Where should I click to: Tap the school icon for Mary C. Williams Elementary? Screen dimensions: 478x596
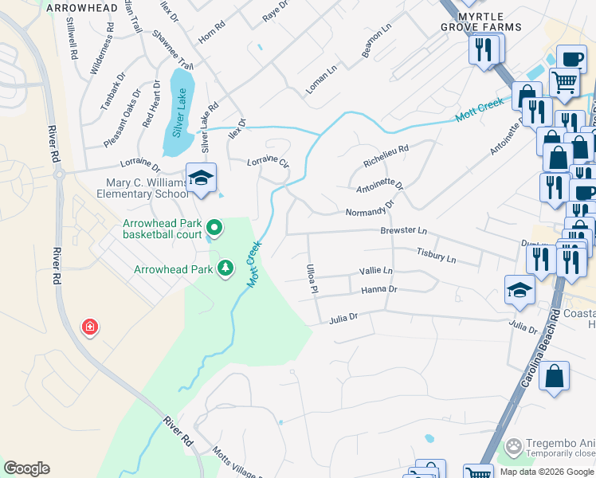(x=202, y=178)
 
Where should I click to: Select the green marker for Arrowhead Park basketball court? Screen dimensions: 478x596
(x=213, y=229)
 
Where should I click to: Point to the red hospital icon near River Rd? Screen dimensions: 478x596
(x=90, y=327)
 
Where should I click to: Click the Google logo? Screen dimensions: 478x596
(x=26, y=468)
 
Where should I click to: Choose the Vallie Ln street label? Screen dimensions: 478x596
(x=376, y=271)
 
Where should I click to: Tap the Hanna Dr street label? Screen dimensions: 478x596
(x=378, y=290)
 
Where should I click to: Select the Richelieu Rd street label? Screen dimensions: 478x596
(x=386, y=155)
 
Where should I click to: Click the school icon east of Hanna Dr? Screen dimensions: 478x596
(x=519, y=291)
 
